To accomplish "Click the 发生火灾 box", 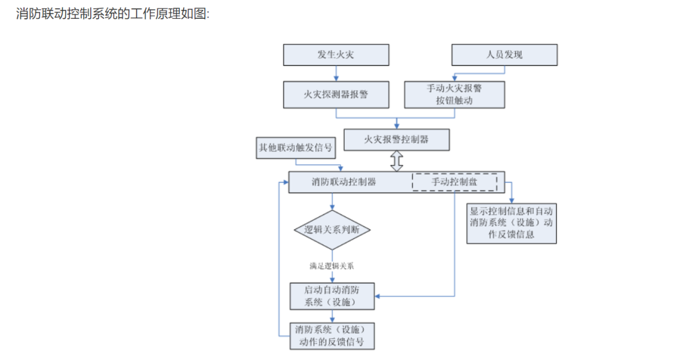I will [x=335, y=55].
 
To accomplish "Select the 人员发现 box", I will [x=505, y=55].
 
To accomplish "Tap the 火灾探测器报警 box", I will [x=335, y=95].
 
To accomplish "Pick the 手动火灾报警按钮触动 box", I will [x=454, y=95].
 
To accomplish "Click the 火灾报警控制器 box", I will [x=396, y=139].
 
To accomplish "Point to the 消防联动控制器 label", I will [x=344, y=182].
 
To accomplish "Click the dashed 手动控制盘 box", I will [x=454, y=182].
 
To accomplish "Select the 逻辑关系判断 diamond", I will [x=332, y=229].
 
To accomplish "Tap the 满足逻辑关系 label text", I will [x=332, y=265].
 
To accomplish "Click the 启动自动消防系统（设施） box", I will [x=332, y=296].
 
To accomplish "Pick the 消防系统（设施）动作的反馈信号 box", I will [x=332, y=336].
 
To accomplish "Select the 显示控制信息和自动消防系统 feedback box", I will [x=512, y=222].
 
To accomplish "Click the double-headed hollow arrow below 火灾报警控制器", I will [x=396, y=161].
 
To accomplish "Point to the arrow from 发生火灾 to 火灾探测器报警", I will [x=336, y=73].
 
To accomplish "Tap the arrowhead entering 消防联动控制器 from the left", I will [x=285, y=182].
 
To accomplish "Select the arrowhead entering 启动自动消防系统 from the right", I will [x=378, y=295].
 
